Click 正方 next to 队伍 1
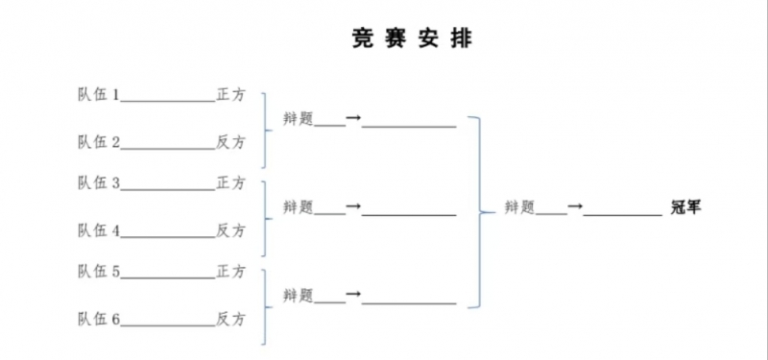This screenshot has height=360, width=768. point(230,95)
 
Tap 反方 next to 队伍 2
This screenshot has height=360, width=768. point(230,142)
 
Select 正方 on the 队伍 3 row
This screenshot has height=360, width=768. point(230,182)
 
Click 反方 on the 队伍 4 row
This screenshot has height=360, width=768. point(230,230)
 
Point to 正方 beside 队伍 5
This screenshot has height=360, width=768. point(230,271)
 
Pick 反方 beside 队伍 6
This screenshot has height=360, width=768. point(230,318)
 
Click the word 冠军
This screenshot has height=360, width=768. point(686,205)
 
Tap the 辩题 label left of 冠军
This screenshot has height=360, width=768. point(519,205)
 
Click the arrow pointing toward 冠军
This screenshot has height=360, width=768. point(575,205)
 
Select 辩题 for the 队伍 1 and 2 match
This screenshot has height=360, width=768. point(298,118)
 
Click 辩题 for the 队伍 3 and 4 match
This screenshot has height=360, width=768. point(298,206)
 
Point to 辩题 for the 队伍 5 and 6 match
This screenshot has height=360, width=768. point(298,295)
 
